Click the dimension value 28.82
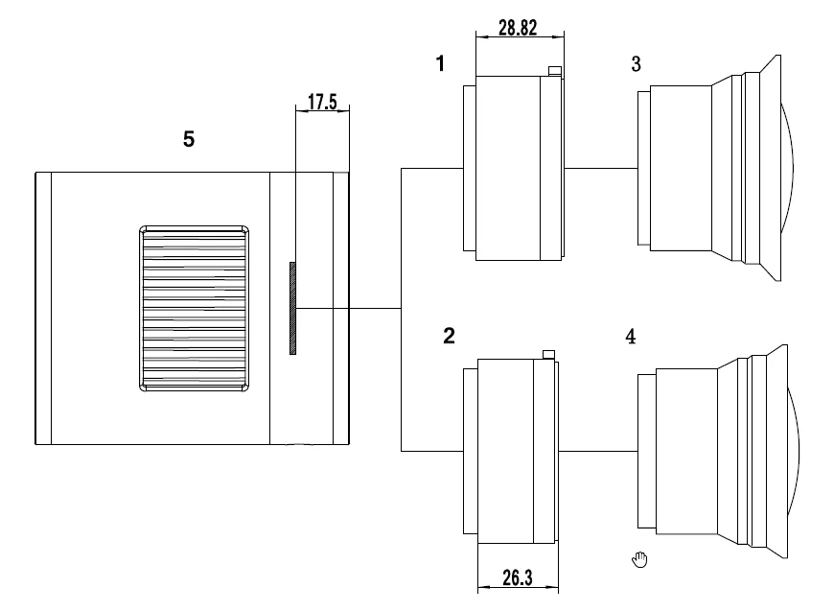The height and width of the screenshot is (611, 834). [x=517, y=28]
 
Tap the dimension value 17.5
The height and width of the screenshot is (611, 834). [x=322, y=101]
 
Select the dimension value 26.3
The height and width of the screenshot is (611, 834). [x=518, y=578]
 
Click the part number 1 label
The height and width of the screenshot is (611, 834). [x=440, y=64]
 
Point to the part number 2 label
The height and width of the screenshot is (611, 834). [x=449, y=336]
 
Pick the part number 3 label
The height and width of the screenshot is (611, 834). [x=637, y=64]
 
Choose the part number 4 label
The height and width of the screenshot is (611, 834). [x=630, y=337]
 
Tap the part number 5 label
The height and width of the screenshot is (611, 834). [x=189, y=139]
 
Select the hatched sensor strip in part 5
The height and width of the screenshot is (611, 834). [x=293, y=308]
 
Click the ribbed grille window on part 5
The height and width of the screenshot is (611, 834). [x=195, y=309]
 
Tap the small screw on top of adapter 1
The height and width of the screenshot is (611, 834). [x=552, y=70]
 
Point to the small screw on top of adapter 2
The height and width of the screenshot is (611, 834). [x=548, y=354]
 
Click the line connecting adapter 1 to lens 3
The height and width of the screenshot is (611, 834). [x=601, y=169]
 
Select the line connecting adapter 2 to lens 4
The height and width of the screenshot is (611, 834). [x=598, y=451]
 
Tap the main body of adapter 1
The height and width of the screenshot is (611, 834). [x=508, y=168]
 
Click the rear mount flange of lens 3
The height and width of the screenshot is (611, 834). [x=642, y=168]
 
